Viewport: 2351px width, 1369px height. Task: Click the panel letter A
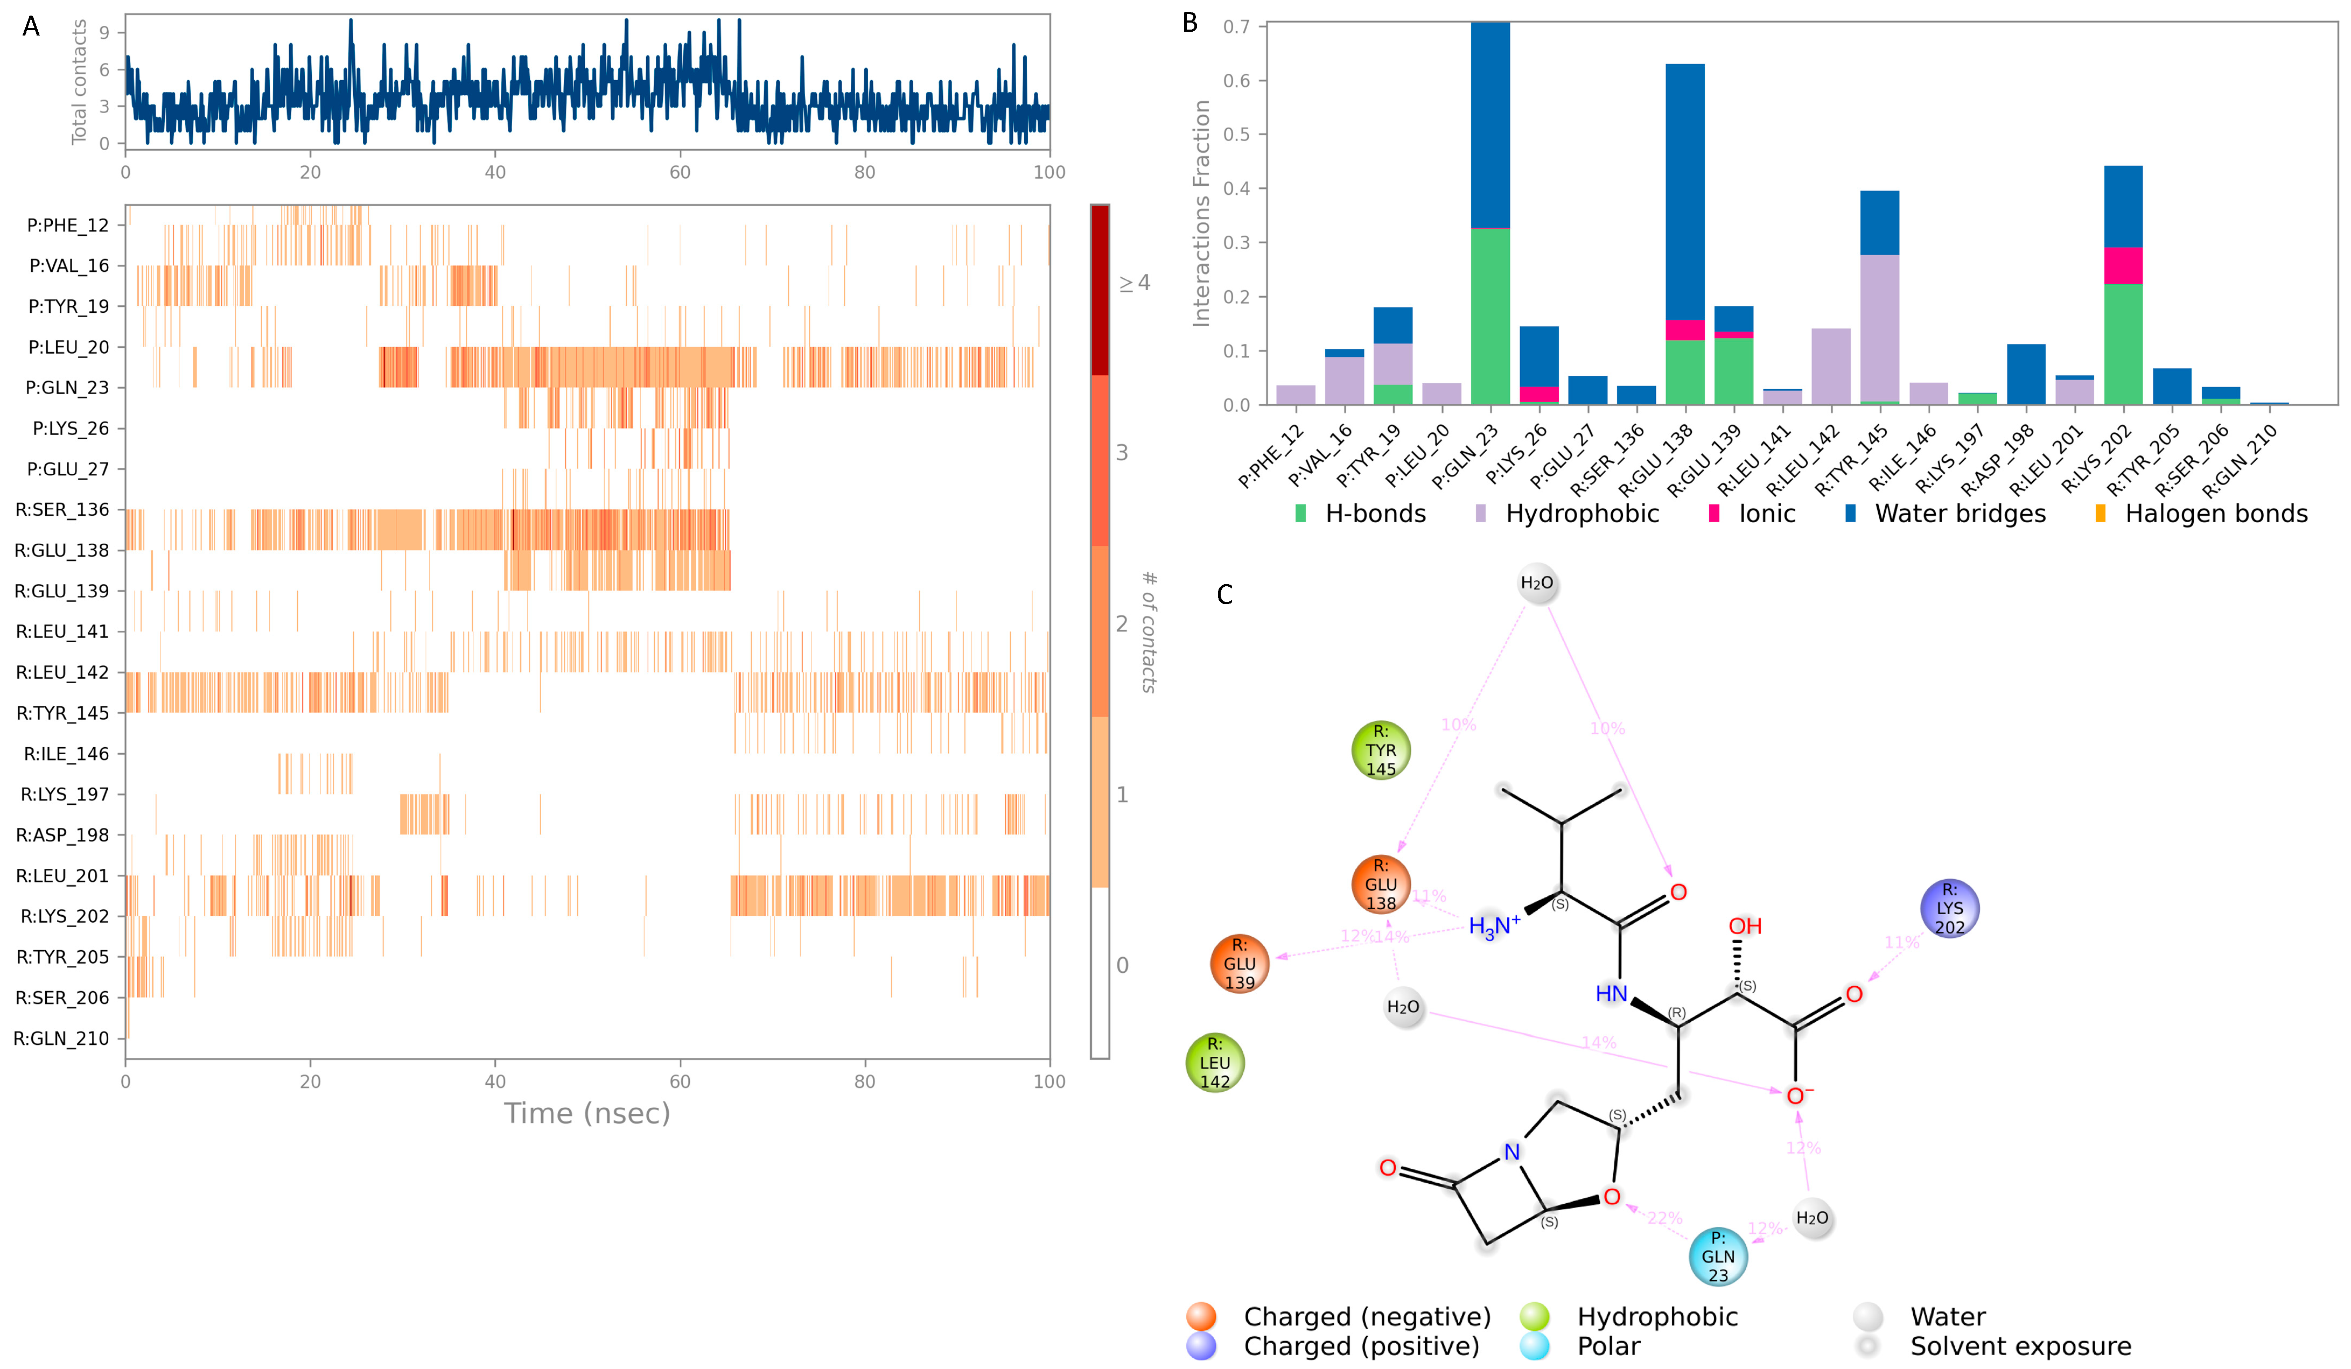click(31, 26)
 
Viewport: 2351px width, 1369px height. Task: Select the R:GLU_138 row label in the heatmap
click(61, 550)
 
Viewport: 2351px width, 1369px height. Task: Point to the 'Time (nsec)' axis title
click(587, 1113)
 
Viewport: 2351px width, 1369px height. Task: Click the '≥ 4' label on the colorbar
click(1135, 283)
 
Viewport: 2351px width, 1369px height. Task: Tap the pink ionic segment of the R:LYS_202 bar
click(2123, 266)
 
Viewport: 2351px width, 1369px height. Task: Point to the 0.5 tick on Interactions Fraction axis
click(1237, 134)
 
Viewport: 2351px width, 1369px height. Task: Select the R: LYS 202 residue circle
click(1949, 908)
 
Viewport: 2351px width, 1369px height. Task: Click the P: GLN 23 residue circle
click(1718, 1256)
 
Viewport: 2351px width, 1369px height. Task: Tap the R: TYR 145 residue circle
click(1381, 750)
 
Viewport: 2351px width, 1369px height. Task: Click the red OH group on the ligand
click(1745, 926)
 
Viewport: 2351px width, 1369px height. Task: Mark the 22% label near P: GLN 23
click(1664, 1218)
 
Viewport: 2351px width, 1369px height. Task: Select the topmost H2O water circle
click(1536, 583)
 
